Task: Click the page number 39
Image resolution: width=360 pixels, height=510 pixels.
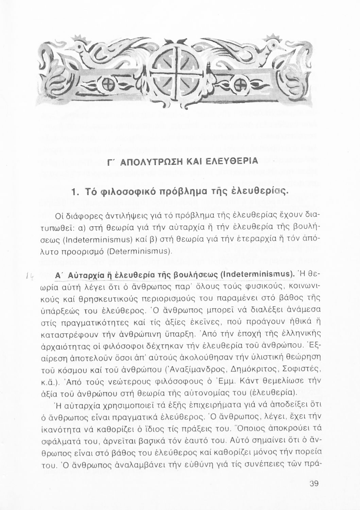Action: click(x=313, y=483)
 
